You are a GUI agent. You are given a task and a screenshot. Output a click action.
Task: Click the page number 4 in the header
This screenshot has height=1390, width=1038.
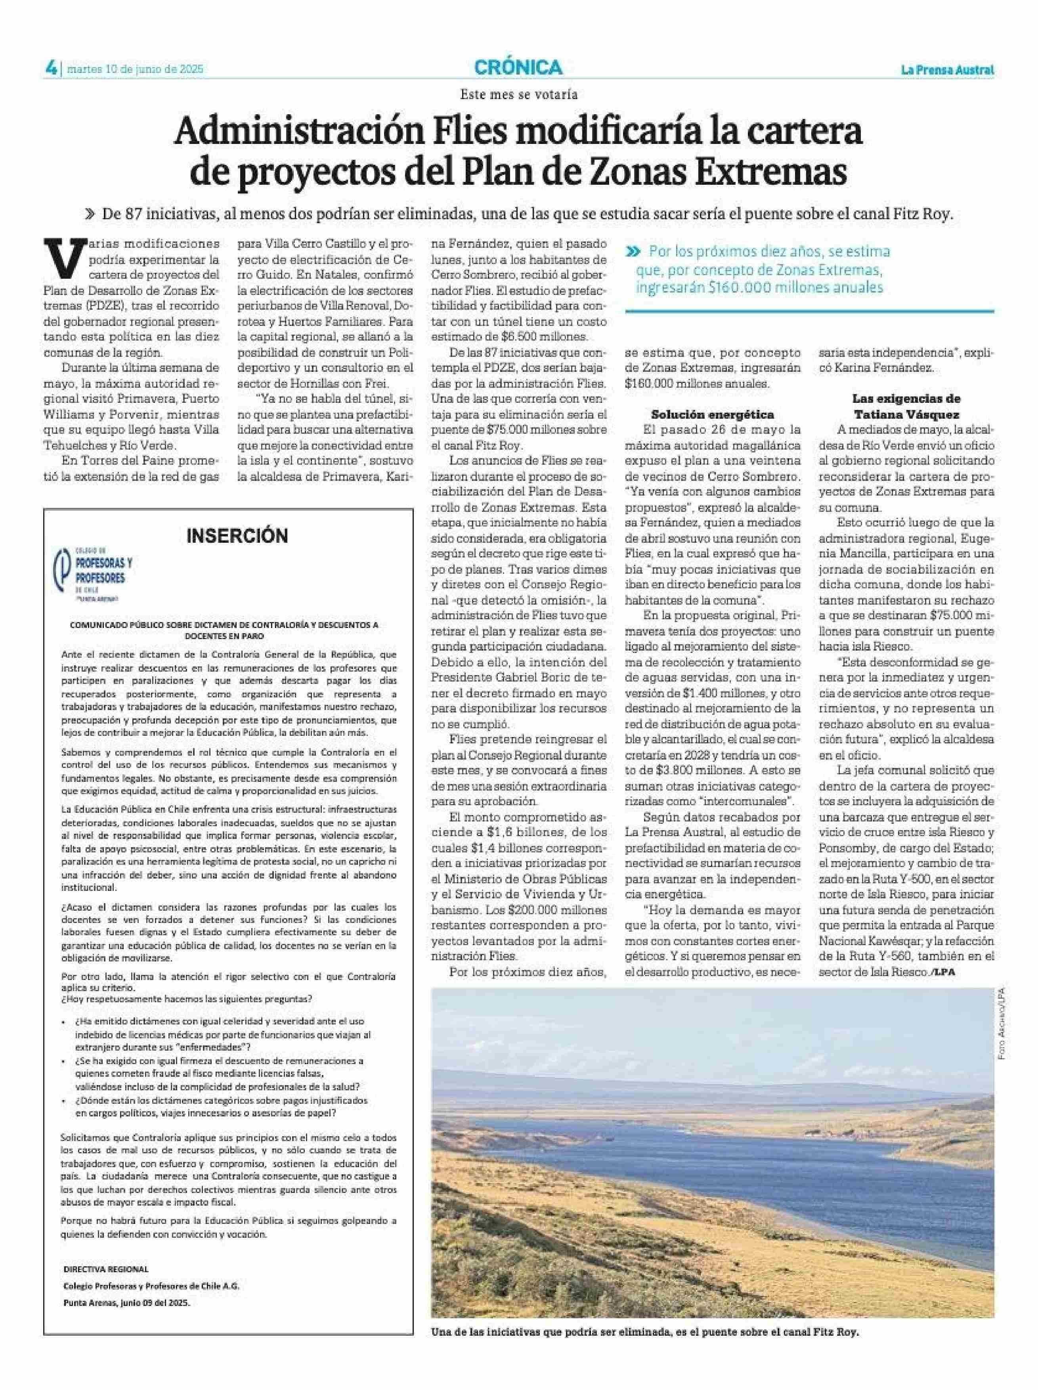click(x=50, y=68)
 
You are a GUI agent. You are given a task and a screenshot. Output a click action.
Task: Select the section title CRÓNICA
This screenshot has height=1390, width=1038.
click(x=518, y=67)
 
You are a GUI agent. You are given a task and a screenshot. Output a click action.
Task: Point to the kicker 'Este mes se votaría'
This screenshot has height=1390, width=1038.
click(x=518, y=95)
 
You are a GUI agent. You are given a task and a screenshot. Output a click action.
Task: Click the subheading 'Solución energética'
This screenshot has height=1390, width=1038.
click(x=712, y=414)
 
